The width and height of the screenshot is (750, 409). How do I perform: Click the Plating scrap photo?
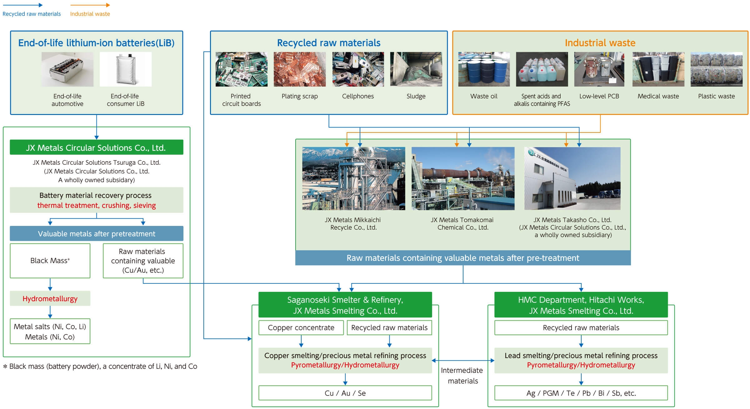coord(299,69)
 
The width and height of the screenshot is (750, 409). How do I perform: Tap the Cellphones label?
coord(358,96)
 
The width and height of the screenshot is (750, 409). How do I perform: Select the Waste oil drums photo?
coord(484,69)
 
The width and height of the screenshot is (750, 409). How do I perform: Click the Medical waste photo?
coord(658,69)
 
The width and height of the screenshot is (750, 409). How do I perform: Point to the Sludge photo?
coord(416,69)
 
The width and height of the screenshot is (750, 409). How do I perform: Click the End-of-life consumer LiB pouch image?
coord(126,69)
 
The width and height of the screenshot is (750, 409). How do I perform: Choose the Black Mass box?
coord(50,261)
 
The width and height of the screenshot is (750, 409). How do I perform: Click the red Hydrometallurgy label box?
coord(50,299)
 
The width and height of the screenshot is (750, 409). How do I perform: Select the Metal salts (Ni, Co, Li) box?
coord(50,331)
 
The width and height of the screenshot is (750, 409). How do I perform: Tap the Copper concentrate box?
coord(301,327)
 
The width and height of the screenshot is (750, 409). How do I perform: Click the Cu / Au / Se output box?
coord(345,393)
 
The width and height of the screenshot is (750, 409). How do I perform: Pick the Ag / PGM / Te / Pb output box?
coord(581,393)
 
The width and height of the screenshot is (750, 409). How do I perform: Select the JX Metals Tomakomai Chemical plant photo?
coord(463,178)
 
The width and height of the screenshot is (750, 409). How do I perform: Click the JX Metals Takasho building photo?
coord(572,178)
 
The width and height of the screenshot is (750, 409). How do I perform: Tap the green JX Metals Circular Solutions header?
coord(96,147)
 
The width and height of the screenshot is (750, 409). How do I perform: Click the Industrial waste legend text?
coord(90,14)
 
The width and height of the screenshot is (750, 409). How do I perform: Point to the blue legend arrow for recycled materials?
coord(22,5)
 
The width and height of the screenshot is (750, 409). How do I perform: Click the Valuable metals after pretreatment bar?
coord(96,234)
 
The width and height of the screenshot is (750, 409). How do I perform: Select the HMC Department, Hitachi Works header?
coord(581,305)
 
